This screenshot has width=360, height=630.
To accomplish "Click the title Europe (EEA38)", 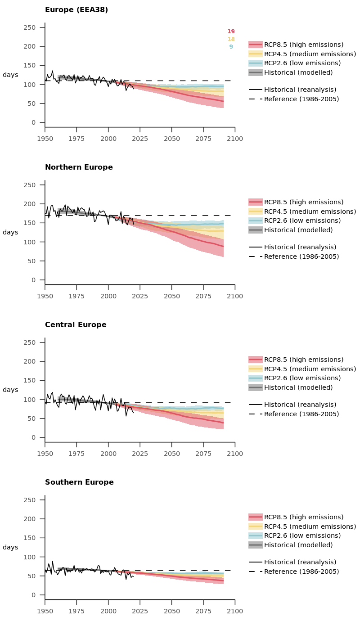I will coord(76,10).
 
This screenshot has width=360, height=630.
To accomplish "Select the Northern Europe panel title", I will coord(79,167).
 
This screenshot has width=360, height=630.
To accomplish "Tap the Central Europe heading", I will coord(76,325).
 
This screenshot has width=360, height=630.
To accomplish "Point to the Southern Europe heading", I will coord(79,482).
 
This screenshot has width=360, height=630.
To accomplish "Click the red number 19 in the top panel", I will coord(231,31).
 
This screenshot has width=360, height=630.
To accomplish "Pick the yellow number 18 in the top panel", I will coord(231,39).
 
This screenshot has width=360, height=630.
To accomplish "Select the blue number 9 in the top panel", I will coord(231,47).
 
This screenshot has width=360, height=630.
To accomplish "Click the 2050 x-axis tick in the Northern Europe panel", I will coord(171,296).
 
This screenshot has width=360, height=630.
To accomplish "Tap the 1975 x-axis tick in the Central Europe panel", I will coord(76,454).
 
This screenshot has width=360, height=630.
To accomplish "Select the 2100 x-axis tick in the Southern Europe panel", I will coord(235,611).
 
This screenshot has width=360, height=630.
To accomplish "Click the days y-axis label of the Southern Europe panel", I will coord(10,548).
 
